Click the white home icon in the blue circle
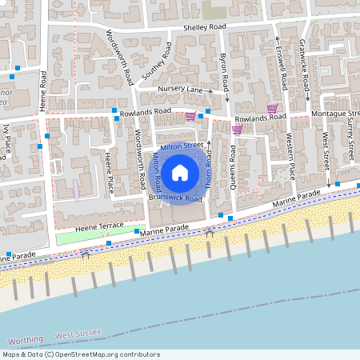[x=180, y=172]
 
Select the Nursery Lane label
[x=181, y=89]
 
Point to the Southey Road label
[x=157, y=58]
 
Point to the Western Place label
[x=291, y=160]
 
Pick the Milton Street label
[x=182, y=147]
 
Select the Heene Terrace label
[x=99, y=227]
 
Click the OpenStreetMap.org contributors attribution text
[x=108, y=354]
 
